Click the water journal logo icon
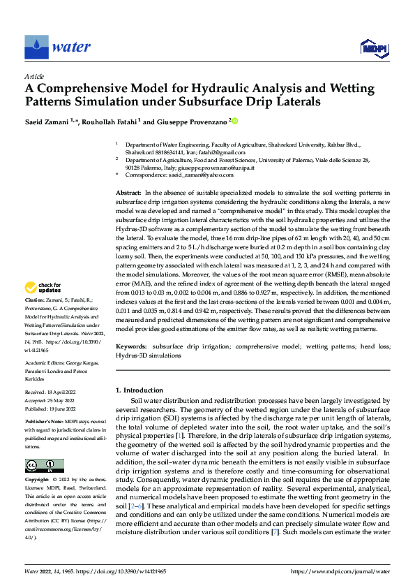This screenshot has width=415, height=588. click(36, 47)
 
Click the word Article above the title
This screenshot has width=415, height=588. click(34, 76)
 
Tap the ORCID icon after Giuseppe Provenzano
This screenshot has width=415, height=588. click(234, 121)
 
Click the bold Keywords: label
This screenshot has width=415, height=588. click(131, 346)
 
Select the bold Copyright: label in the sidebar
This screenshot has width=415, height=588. click(37, 480)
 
